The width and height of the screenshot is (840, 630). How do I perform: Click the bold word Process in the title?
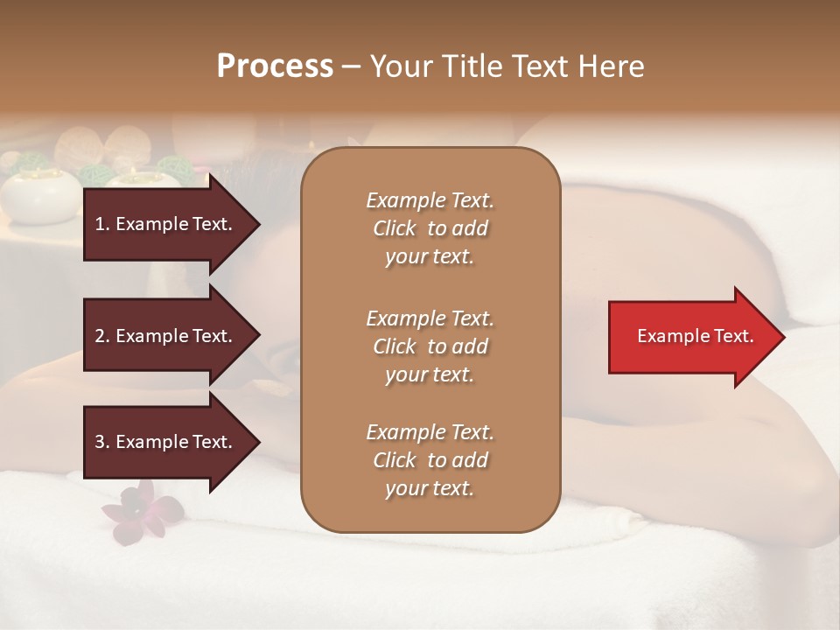click(x=275, y=66)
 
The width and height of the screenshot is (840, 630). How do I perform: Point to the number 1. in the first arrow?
click(x=102, y=224)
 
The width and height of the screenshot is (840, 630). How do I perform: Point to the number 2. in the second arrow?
click(x=102, y=336)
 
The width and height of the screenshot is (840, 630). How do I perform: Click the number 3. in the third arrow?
click(x=102, y=442)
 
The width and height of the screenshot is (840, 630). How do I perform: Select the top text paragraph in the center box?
click(x=430, y=228)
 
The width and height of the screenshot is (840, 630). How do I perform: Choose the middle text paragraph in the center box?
click(x=430, y=346)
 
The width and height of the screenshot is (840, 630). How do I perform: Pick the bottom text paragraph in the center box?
click(x=430, y=460)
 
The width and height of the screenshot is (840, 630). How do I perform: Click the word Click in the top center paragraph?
click(x=395, y=228)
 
